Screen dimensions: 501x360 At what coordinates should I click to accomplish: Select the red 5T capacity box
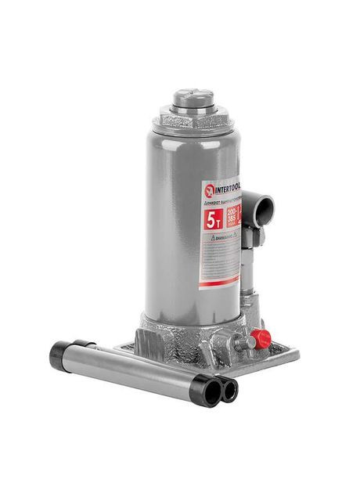(x=212, y=218)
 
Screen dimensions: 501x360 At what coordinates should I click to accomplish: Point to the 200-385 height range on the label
(x=232, y=218)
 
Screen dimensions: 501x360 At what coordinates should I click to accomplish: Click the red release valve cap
(x=261, y=338)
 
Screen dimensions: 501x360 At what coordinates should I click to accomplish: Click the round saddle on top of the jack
(x=193, y=99)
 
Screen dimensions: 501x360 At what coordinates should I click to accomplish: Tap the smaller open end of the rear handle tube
(x=229, y=389)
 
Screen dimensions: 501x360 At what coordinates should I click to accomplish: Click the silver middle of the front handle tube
(x=133, y=372)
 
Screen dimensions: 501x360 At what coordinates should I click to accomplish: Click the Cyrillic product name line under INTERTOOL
(x=224, y=202)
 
